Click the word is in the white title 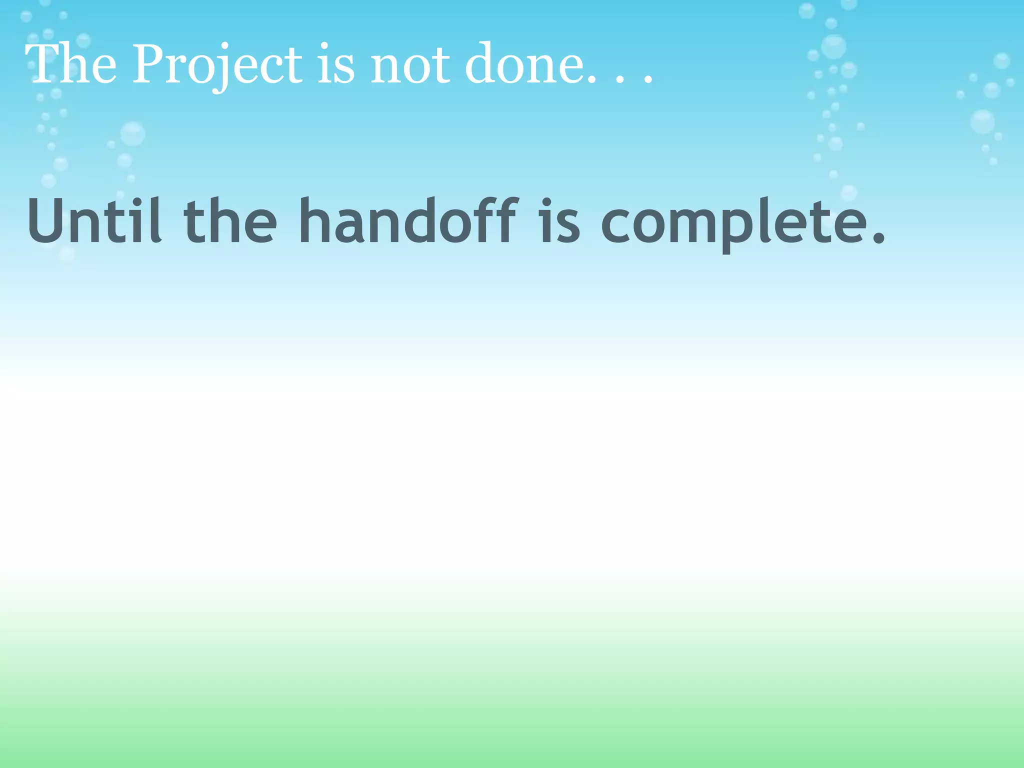pyautogui.click(x=336, y=65)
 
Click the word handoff pyautogui.click(x=407, y=221)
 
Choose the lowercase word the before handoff pyautogui.click(x=230, y=221)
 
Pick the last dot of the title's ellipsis pyautogui.click(x=648, y=79)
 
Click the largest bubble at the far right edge pyautogui.click(x=982, y=122)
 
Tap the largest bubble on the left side pyautogui.click(x=132, y=133)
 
